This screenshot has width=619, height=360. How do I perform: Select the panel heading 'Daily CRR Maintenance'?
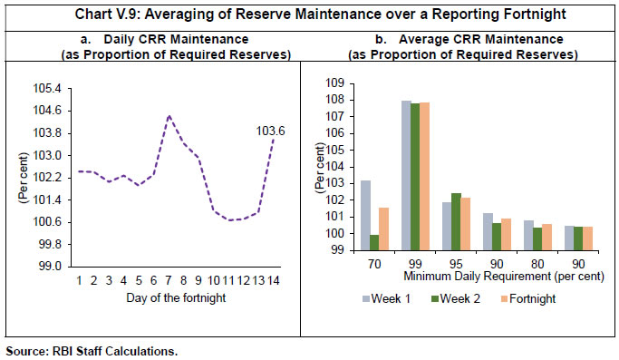(x=159, y=41)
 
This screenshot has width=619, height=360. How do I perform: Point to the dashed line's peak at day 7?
(x=169, y=116)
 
